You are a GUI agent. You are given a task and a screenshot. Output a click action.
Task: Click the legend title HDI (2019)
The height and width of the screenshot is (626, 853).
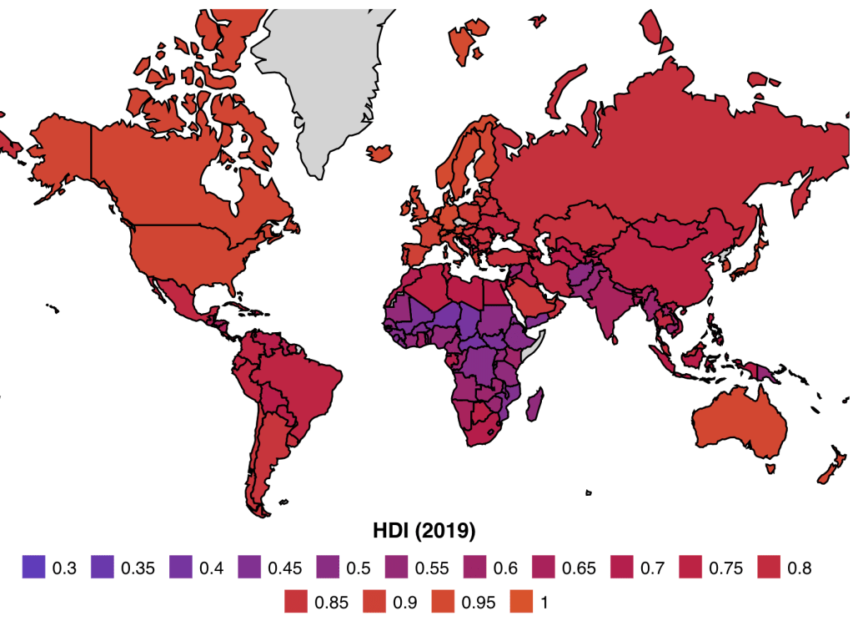(x=426, y=531)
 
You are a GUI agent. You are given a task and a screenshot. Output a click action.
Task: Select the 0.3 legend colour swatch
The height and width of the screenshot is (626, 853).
(x=34, y=568)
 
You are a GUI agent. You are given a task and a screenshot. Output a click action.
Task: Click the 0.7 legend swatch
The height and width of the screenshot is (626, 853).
(x=623, y=568)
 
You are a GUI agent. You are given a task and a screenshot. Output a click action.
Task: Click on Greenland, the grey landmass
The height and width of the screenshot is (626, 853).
(x=334, y=92)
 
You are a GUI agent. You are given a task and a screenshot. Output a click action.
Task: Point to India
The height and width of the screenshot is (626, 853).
(x=613, y=309)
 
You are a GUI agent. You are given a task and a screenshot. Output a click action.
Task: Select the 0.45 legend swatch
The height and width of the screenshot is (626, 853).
(x=249, y=568)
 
